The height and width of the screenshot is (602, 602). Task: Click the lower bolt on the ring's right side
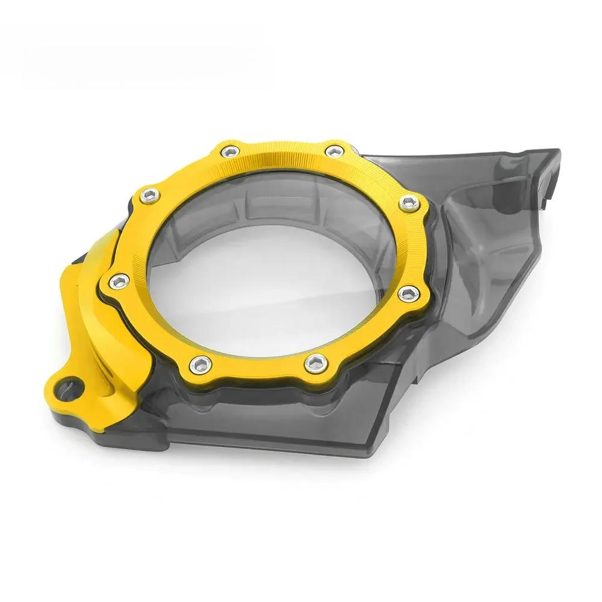pos(408,293)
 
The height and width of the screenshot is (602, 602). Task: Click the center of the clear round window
pos(268,265)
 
